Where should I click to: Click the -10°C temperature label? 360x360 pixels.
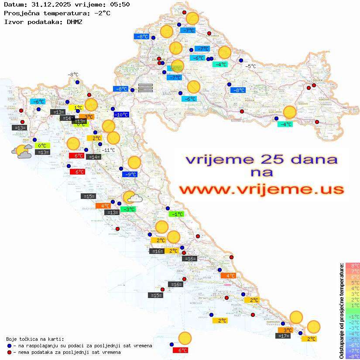pyautogui.click(x=121, y=115)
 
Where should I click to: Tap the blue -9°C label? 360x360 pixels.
pyautogui.click(x=130, y=175)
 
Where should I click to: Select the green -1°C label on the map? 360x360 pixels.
pyautogui.click(x=176, y=214)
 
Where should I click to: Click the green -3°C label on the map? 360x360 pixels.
pyautogui.click(x=128, y=209)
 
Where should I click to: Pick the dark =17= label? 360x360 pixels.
pyautogui.click(x=284, y=336)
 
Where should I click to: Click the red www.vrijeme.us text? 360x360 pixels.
pyautogui.click(x=261, y=189)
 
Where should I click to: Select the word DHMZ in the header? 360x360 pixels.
pyautogui.click(x=74, y=21)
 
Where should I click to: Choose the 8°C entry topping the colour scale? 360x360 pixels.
pyautogui.click(x=352, y=266)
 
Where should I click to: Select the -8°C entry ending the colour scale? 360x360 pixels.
pyautogui.click(x=352, y=356)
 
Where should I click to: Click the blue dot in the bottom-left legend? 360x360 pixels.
pyautogui.click(x=9, y=346)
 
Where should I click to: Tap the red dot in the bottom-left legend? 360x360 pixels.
pyautogui.click(x=9, y=352)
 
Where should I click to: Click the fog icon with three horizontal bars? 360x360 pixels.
pyautogui.click(x=146, y=88)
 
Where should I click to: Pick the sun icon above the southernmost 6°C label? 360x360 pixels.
pyautogui.click(x=185, y=338)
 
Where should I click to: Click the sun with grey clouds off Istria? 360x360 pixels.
pyautogui.click(x=22, y=152)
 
